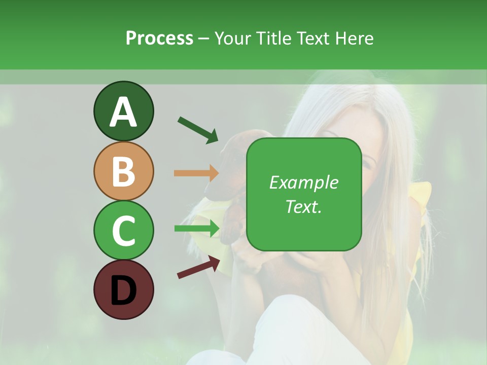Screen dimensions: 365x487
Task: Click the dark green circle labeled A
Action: point(123,111)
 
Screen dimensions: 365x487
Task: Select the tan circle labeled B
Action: point(123,171)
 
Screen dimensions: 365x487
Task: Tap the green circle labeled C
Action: point(123,230)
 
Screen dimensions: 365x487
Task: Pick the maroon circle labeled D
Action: point(123,289)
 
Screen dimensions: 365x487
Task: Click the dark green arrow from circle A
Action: point(198,130)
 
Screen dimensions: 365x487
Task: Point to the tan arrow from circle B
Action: point(196,173)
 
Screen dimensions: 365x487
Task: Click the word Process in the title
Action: point(159,39)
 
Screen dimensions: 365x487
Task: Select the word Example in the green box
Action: point(303,182)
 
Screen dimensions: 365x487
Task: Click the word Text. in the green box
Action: point(303,206)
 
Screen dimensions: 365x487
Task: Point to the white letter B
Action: point(123,171)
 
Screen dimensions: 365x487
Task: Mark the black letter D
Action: point(123,290)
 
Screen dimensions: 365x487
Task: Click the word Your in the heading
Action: point(232,39)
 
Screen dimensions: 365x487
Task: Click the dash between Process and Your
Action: point(204,39)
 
